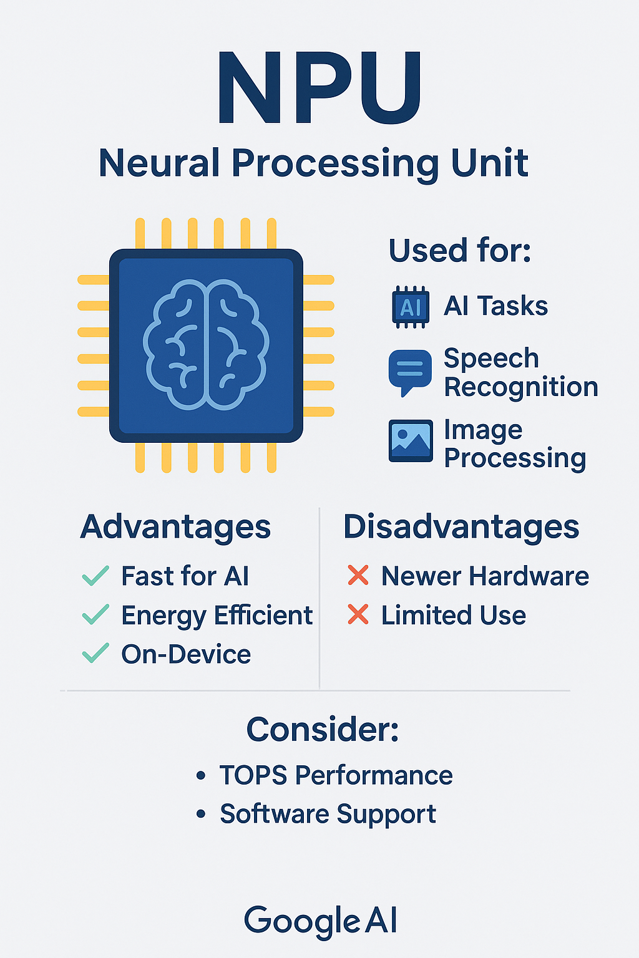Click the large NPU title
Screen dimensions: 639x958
pos(319,88)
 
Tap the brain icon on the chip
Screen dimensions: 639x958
pos(206,345)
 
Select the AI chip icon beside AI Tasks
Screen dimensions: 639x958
pos(411,307)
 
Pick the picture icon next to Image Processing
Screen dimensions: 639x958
pos(411,440)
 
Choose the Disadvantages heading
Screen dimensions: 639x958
pos(461,527)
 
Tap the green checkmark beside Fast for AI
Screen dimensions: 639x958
pos(95,576)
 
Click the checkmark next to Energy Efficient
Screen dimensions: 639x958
pos(95,614)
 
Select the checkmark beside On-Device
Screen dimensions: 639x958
pos(95,653)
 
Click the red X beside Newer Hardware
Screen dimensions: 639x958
pos(358,575)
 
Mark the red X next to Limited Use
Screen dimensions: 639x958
pos(358,614)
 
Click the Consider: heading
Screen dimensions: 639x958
pos(323,730)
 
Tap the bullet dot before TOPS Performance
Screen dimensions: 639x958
pos(201,775)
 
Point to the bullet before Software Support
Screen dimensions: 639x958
pos(201,813)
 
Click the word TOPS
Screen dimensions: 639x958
pos(253,775)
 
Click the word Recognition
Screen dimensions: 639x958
pos(521,387)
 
